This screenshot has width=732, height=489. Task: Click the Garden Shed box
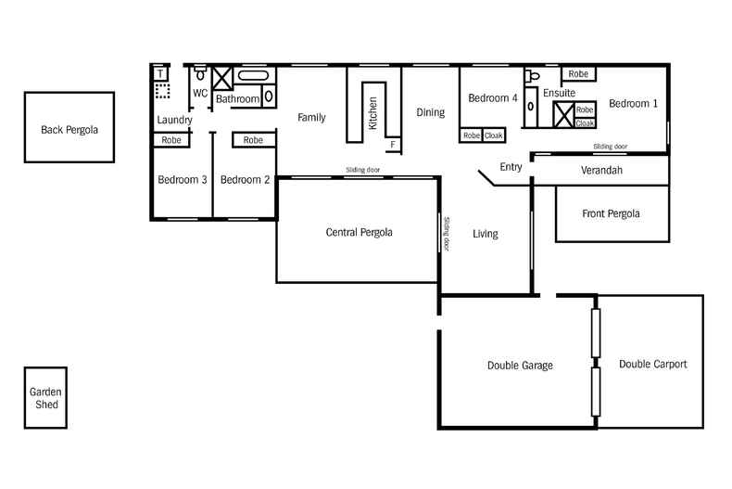click(x=44, y=398)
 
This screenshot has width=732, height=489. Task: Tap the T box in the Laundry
click(x=161, y=72)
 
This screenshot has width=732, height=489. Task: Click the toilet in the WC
click(x=199, y=75)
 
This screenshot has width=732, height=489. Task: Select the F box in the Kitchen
click(x=393, y=145)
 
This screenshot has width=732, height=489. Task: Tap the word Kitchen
click(x=372, y=112)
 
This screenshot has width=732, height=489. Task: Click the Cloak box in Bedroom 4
click(x=494, y=135)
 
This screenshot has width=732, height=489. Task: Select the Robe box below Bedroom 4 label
click(x=471, y=135)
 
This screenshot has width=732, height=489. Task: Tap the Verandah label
click(x=601, y=172)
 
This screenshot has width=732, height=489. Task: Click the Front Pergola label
click(x=611, y=213)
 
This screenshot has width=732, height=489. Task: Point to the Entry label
click(x=511, y=167)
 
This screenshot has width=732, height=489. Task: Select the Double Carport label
click(x=653, y=365)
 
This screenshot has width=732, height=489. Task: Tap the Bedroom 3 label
click(x=182, y=180)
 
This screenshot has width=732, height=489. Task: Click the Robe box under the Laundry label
click(x=171, y=140)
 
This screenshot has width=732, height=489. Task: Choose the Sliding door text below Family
click(x=362, y=171)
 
